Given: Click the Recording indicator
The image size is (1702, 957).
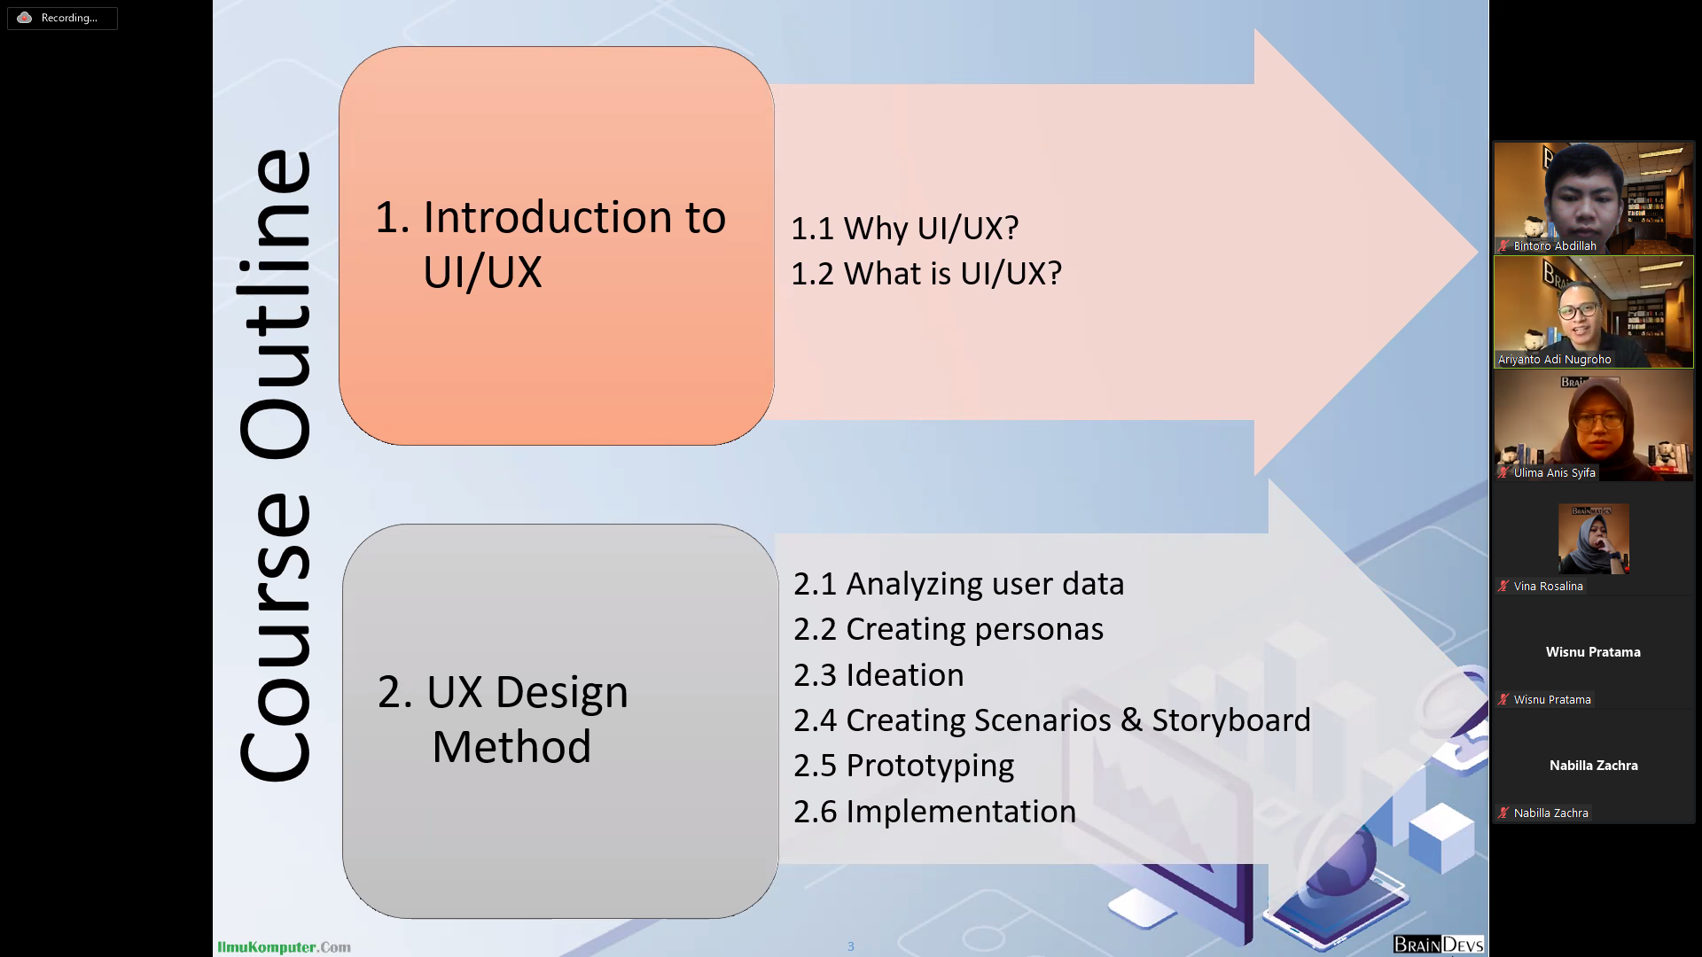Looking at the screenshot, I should pyautogui.click(x=61, y=18).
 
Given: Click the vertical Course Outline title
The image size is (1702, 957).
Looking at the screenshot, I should pyautogui.click(x=276, y=465).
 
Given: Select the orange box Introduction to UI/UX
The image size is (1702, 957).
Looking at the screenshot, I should pyautogui.click(x=556, y=245).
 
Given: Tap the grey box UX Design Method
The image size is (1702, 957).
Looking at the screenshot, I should pyautogui.click(x=559, y=720).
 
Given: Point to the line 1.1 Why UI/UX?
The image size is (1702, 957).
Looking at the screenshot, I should pyautogui.click(x=904, y=229).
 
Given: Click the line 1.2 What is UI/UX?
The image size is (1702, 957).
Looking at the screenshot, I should pyautogui.click(x=925, y=274).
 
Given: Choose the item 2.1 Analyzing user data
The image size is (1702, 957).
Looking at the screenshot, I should pyautogui.click(x=958, y=584).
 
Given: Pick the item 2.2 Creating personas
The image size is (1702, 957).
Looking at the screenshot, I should pyautogui.click(x=948, y=629).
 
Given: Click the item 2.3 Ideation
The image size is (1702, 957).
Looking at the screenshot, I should pyautogui.click(x=878, y=675).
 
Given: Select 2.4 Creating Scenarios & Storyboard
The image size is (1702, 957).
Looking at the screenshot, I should pyautogui.click(x=1051, y=720).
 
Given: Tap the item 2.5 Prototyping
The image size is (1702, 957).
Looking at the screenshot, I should pyautogui.click(x=903, y=766).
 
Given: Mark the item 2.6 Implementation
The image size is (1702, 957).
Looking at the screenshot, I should pyautogui.click(x=934, y=812).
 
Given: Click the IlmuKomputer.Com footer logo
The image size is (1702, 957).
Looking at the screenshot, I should pyautogui.click(x=284, y=947).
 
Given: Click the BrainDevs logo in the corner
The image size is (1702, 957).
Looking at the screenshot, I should pyautogui.click(x=1438, y=945).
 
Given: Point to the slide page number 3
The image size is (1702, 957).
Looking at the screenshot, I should pyautogui.click(x=851, y=946).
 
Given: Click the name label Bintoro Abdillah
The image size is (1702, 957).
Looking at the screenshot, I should pyautogui.click(x=1554, y=246).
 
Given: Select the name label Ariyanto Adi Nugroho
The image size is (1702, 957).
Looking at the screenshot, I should pyautogui.click(x=1554, y=360).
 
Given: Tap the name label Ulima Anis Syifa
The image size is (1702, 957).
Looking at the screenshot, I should pyautogui.click(x=1554, y=473).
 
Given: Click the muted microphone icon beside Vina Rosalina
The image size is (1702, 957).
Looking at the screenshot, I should pyautogui.click(x=1503, y=587).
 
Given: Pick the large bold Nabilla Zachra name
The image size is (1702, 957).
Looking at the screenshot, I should pyautogui.click(x=1593, y=766).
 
